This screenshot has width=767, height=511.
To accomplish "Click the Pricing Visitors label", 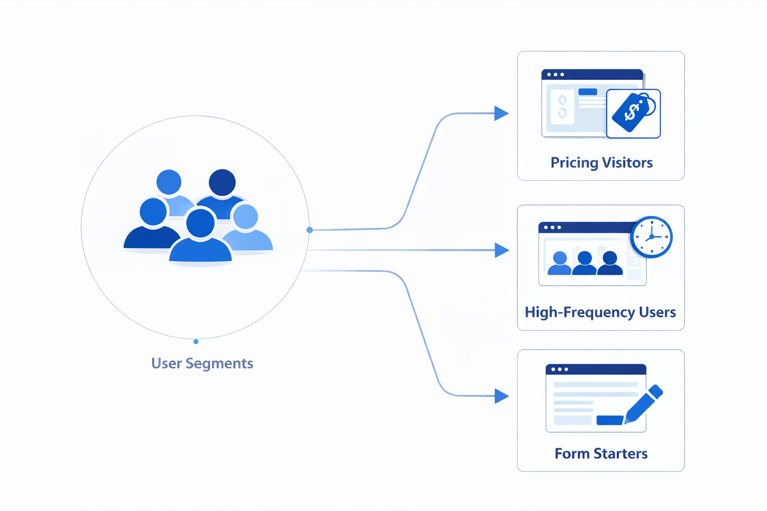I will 601,163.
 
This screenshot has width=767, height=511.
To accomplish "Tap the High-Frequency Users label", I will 600,312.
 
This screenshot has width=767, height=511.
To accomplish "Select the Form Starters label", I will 601,454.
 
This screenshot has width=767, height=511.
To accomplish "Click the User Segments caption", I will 202,363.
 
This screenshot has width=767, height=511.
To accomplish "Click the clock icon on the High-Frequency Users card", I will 651,237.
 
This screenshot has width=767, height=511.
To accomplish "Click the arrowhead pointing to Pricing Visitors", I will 501,113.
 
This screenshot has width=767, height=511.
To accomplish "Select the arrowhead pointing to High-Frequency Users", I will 501,250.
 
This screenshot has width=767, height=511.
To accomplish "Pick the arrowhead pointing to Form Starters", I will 501,396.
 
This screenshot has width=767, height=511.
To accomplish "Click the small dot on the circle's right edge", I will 310,230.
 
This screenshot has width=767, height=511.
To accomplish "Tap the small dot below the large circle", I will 196,342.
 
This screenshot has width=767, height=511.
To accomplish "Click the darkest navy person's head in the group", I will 222,182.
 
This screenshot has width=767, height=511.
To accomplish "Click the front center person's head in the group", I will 200,223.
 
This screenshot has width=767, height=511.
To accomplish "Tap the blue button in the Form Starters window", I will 610,420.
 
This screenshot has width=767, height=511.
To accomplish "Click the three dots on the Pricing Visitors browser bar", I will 555,75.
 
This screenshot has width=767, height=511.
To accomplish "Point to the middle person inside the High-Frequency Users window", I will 584,263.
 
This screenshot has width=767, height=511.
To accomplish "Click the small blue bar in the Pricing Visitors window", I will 588,92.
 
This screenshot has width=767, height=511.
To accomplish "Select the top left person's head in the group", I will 169,182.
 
